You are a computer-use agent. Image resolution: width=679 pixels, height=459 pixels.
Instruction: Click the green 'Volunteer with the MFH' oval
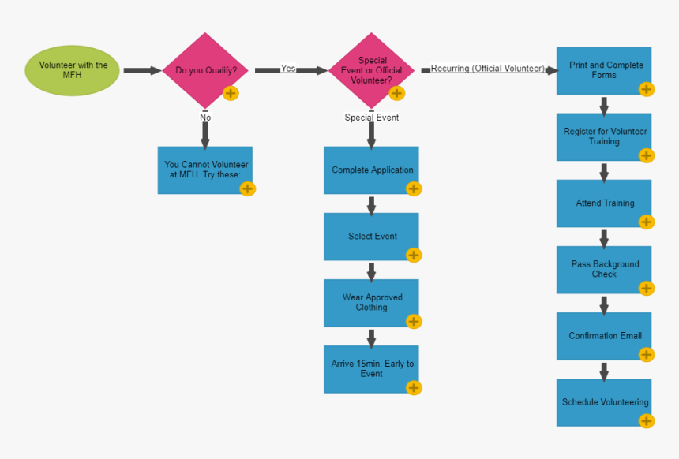[73, 70]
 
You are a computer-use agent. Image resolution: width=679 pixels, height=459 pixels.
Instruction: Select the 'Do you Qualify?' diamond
[205, 70]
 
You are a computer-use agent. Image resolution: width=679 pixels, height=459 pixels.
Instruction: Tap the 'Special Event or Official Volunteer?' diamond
[371, 70]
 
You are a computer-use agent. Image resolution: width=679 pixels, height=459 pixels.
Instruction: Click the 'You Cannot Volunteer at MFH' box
[205, 170]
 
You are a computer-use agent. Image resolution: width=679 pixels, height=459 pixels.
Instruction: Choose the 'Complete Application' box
[371, 170]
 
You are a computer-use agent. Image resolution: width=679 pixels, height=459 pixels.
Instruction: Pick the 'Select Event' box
[371, 236]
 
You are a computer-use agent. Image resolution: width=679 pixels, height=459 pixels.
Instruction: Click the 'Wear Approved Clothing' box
[371, 302]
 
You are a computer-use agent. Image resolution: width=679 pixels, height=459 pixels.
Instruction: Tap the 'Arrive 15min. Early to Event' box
[371, 368]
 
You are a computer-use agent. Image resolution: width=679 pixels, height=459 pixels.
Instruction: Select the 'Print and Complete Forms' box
[604, 70]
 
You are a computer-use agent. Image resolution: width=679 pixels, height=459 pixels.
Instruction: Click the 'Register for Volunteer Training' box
[604, 136]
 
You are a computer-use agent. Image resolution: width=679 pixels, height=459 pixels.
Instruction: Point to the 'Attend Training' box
[604, 203]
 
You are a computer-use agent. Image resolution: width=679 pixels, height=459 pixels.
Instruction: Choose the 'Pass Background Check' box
[604, 269]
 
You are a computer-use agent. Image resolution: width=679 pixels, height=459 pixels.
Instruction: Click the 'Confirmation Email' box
[604, 335]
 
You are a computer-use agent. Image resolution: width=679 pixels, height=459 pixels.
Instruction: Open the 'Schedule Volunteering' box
[604, 401]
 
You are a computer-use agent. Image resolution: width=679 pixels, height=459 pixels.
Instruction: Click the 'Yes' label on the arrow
[288, 69]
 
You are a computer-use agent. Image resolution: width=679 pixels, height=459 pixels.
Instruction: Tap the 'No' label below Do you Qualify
[205, 118]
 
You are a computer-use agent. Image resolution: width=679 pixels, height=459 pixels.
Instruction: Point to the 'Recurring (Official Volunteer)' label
[487, 69]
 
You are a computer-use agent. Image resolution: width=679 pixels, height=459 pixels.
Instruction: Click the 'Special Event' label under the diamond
[371, 118]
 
